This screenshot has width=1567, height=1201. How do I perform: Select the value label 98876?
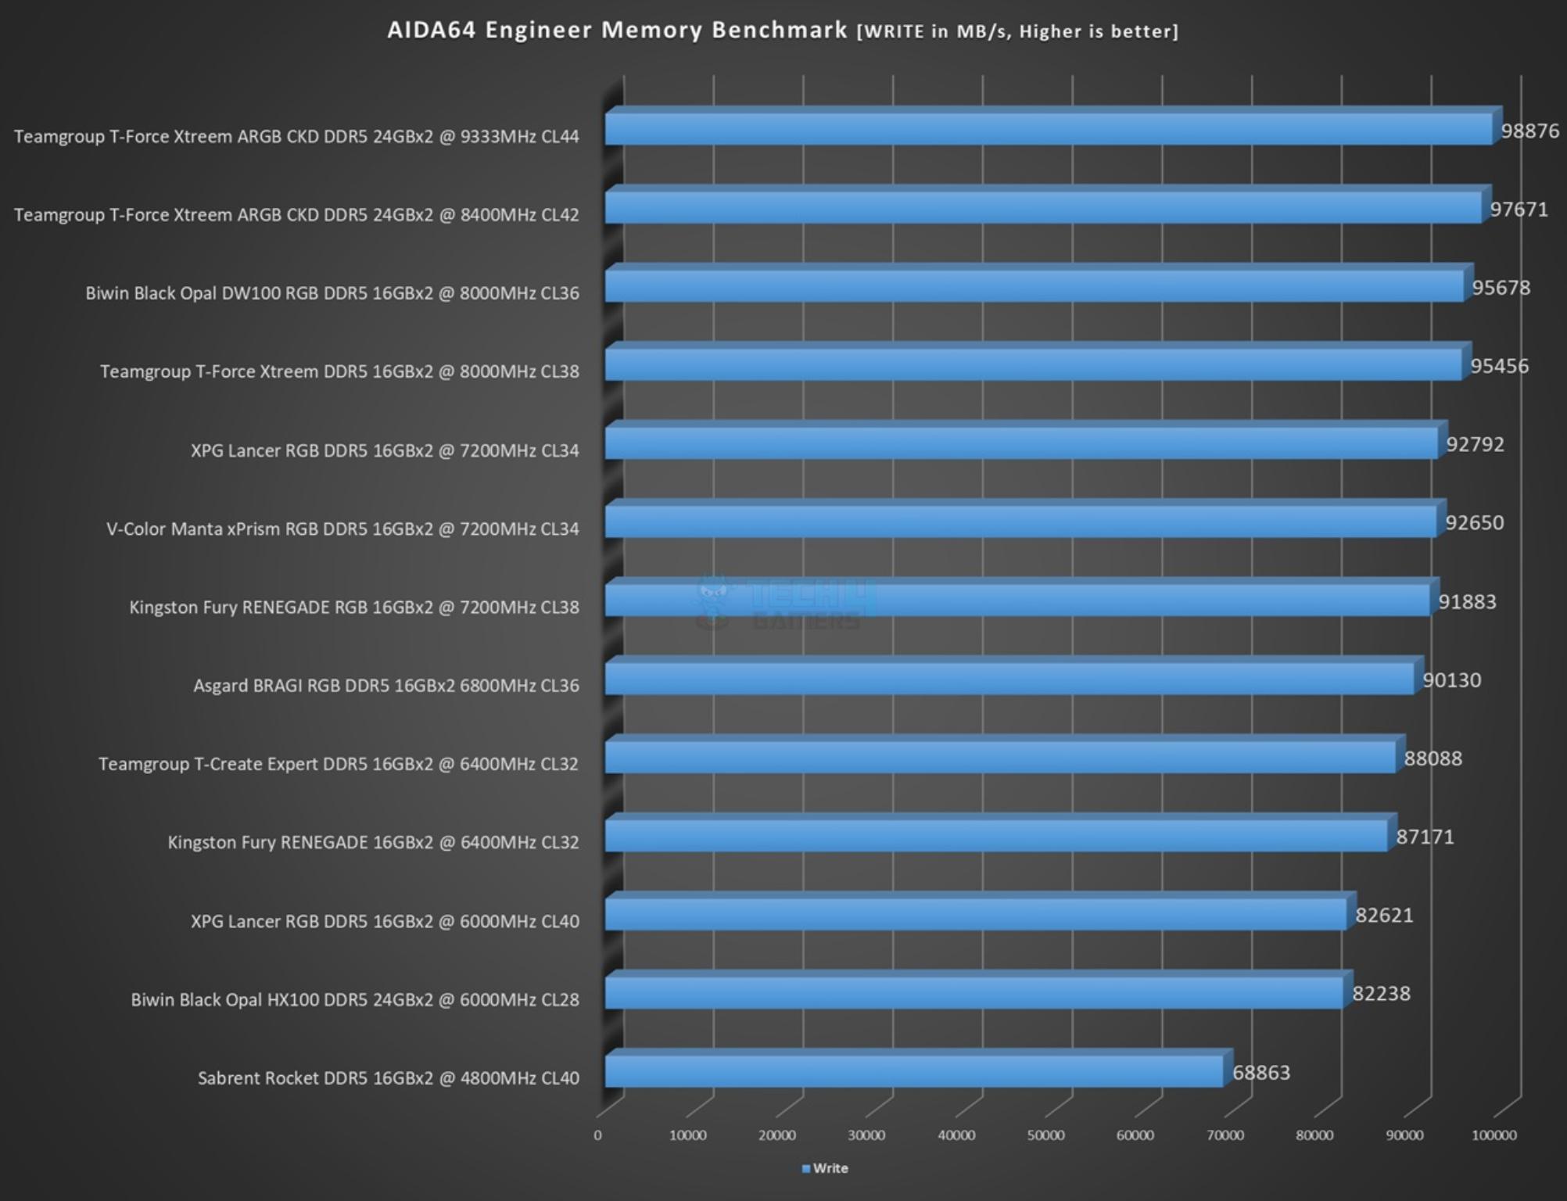1529,131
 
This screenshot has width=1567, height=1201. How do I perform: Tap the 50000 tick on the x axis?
1045,1135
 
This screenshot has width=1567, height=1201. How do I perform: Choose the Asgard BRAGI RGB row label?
386,686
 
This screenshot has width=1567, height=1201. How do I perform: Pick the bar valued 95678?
1034,286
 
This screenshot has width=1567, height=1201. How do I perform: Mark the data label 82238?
1381,994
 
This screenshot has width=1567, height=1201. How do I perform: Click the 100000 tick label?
1493,1135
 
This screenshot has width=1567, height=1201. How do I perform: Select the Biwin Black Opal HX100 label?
355,1000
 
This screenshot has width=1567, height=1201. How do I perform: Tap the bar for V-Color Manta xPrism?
1020,522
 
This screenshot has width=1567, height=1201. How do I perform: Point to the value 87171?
1425,837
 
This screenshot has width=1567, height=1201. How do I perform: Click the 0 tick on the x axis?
598,1135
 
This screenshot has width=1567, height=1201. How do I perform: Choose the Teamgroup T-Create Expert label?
339,764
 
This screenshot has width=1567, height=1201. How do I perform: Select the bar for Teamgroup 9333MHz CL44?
1049,129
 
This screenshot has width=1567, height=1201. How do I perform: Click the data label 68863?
1260,1072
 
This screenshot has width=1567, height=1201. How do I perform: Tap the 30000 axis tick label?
866,1135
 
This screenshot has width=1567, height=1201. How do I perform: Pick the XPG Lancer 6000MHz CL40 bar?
976,915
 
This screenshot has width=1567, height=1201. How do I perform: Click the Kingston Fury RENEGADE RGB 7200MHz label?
354,608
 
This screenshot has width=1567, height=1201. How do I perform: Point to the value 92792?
1475,444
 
